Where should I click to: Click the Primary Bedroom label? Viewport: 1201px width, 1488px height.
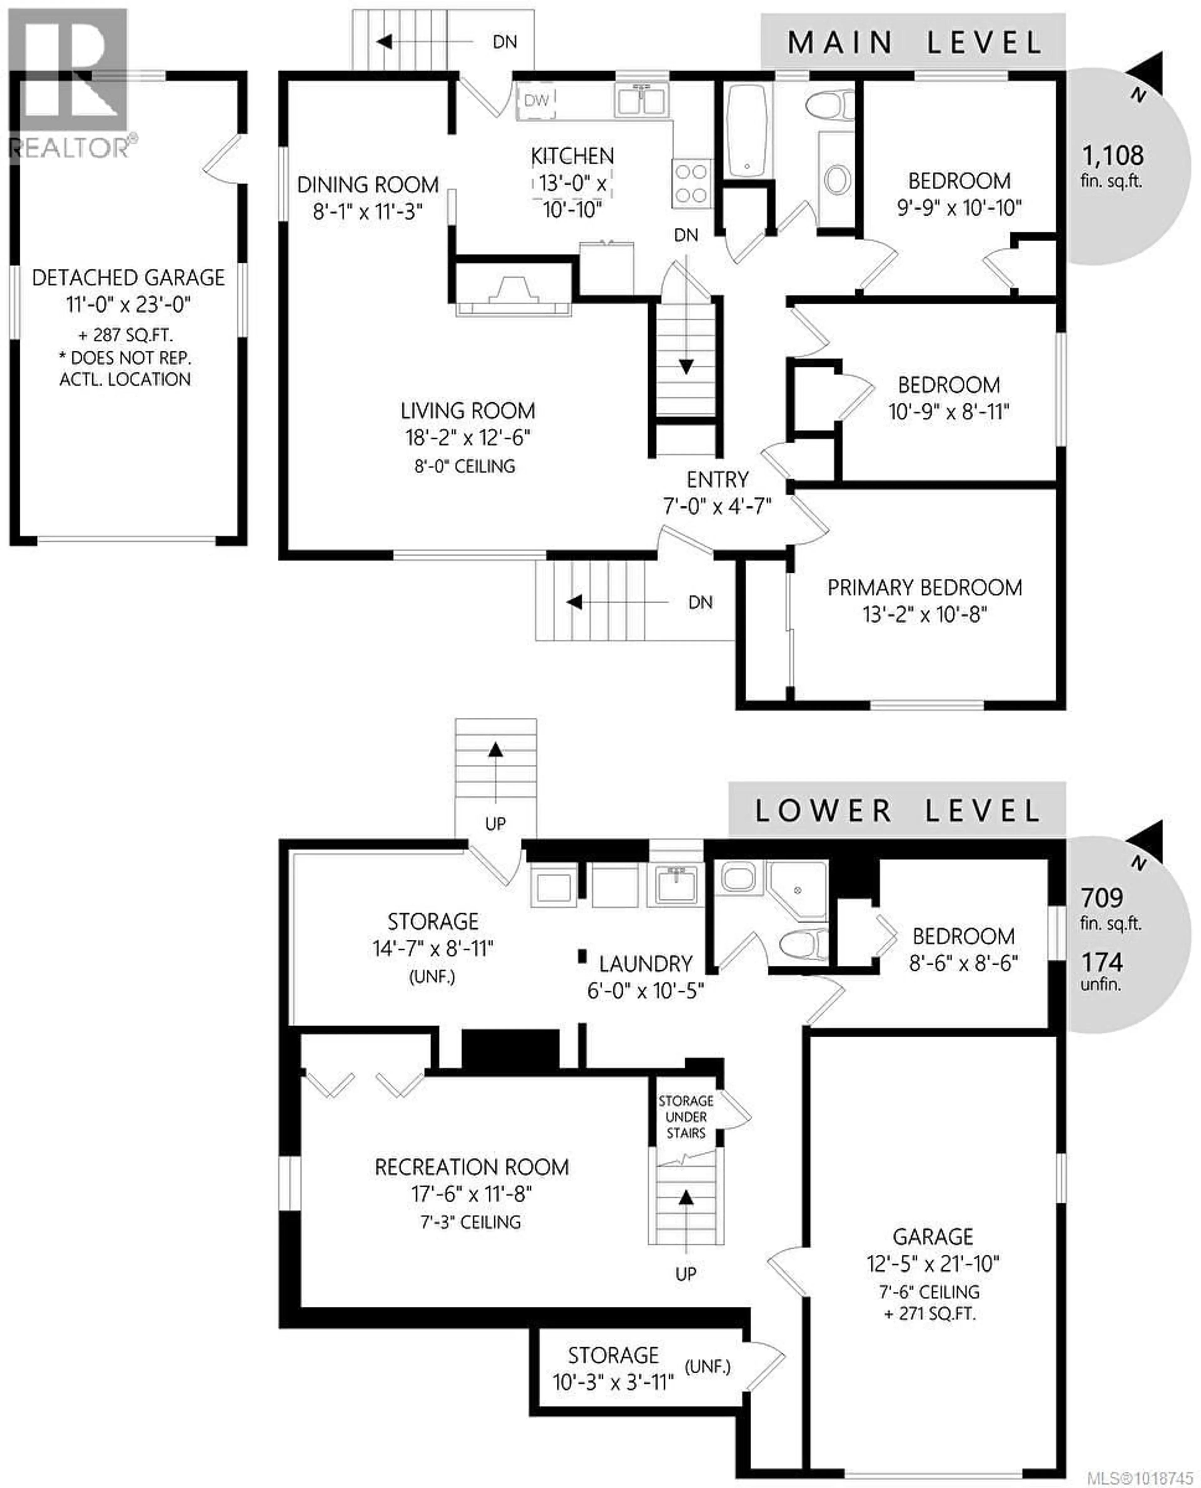coord(924,588)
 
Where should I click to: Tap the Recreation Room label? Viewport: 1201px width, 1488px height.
coord(472,1167)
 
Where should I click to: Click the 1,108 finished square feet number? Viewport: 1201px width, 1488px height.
coord(1112,156)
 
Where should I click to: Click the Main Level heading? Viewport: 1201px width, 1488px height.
coord(915,43)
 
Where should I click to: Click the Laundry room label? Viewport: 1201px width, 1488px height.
coord(646,964)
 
